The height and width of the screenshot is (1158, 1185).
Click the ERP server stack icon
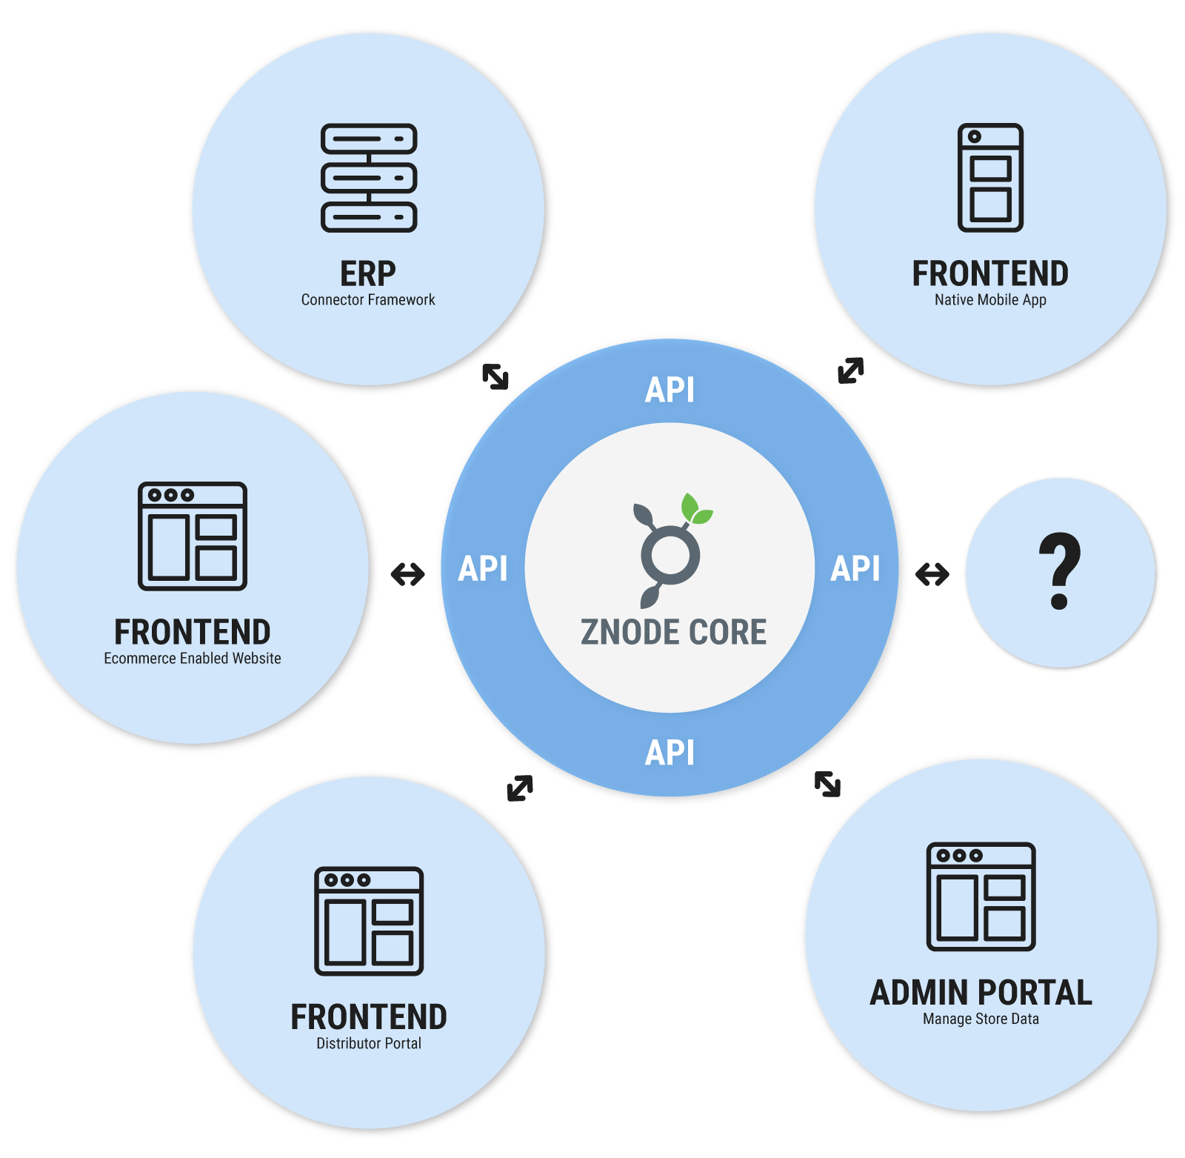[369, 178]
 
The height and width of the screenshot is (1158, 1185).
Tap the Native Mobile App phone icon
[990, 178]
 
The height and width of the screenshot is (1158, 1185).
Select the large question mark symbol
[1060, 571]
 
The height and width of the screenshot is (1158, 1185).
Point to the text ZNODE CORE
[673, 632]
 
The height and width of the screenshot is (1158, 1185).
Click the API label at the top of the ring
[670, 390]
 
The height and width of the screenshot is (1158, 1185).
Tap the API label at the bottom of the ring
[670, 753]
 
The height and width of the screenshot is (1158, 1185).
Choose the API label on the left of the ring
[483, 569]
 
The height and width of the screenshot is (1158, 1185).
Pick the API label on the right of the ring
[855, 569]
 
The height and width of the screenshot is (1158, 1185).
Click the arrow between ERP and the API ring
[495, 376]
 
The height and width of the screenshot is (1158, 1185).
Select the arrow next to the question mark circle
[932, 573]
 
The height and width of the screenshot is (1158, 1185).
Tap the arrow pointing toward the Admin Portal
[827, 784]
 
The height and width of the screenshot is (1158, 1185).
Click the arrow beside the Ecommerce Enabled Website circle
[408, 573]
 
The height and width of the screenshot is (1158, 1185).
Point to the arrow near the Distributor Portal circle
[520, 788]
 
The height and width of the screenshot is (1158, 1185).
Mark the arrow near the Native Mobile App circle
[851, 370]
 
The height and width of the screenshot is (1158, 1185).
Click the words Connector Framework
[368, 300]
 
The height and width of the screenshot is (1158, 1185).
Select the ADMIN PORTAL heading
[981, 993]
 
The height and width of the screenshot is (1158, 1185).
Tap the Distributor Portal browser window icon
[369, 921]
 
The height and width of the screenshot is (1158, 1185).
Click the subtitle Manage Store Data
[981, 1019]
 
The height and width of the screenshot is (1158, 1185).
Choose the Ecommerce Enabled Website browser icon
[193, 536]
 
